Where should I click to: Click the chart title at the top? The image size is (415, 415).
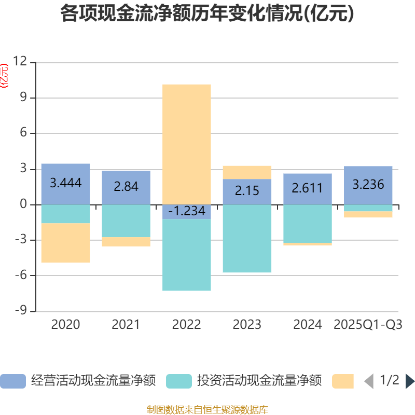(208, 14)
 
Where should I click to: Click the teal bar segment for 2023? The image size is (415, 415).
(247, 239)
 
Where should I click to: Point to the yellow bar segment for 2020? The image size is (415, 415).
(66, 243)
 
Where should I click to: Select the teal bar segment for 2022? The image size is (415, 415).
(187, 255)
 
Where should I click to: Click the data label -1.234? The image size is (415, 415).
(187, 212)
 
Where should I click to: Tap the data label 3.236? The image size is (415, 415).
(368, 184)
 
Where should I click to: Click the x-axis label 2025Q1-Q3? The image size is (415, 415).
(368, 325)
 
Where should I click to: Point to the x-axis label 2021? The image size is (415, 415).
(126, 325)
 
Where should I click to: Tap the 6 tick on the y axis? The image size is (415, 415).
(23, 133)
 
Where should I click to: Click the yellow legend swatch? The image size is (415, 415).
(343, 381)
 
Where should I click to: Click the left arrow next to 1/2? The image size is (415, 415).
(368, 381)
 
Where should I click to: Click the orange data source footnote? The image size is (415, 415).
(208, 409)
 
